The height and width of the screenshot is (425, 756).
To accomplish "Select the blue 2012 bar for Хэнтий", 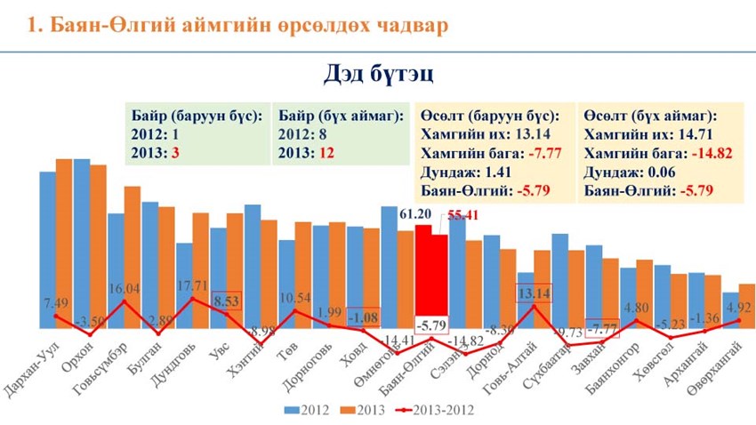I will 252,267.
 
